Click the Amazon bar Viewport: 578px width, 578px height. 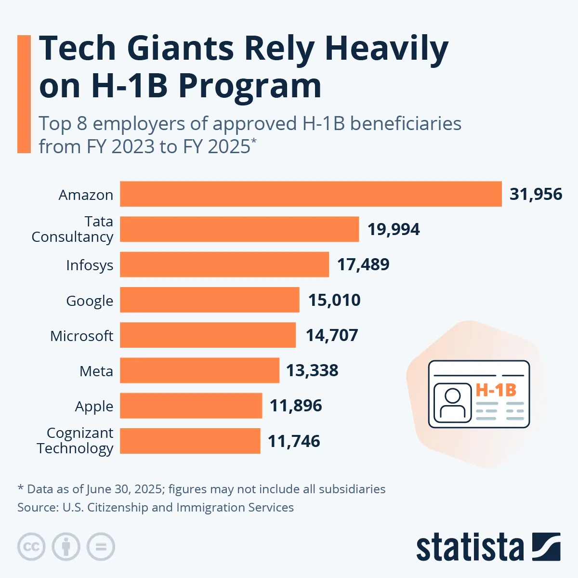click(311, 194)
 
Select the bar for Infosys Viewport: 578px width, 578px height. click(224, 264)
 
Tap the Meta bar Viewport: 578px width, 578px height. click(199, 370)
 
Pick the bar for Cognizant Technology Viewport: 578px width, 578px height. click(190, 441)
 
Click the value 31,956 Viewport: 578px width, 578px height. click(536, 194)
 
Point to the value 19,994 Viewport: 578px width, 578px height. click(394, 229)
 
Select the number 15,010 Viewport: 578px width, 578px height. click(334, 300)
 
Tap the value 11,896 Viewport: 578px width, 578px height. click(296, 406)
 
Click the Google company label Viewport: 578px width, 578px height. click(90, 301)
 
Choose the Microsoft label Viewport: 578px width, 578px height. click(82, 336)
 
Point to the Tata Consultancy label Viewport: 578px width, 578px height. click(73, 229)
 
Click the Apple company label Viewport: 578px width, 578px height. click(94, 407)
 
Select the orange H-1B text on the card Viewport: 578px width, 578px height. click(496, 390)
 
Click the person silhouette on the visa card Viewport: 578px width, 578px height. click(452, 403)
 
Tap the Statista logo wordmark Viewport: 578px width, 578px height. click(470, 548)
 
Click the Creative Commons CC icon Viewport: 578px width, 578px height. click(31, 547)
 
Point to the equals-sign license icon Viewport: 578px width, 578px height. click(101, 547)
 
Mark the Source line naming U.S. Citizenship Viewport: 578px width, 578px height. click(156, 507)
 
